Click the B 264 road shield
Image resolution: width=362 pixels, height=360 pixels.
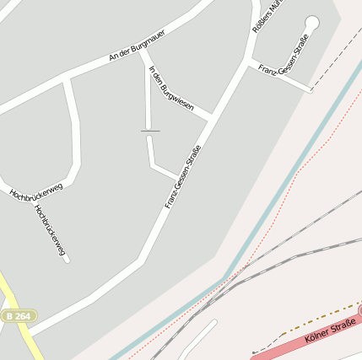[x=18, y=315]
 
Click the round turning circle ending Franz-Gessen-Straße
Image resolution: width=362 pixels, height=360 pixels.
[x=312, y=23]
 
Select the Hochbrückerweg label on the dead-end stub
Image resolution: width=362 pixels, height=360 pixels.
[x=51, y=228]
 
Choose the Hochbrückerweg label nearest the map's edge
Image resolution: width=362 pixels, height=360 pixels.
[x=35, y=192]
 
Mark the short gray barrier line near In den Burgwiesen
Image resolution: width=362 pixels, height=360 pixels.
[x=150, y=131]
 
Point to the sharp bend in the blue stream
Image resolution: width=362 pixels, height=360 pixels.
[x=225, y=278]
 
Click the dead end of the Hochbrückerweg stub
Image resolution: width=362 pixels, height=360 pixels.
[x=66, y=260]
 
